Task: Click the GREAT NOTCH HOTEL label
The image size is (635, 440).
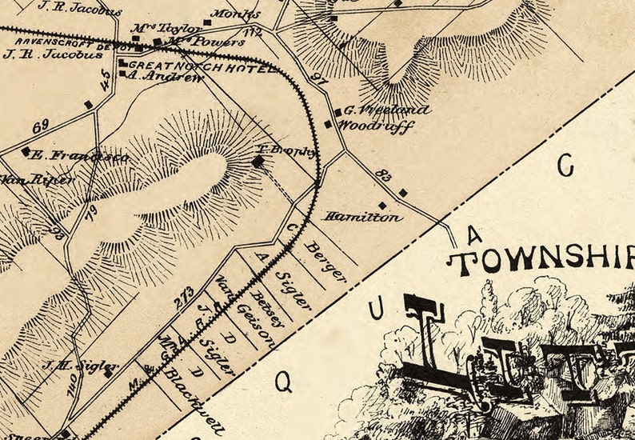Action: (x=201, y=68)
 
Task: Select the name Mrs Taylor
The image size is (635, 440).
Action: (x=156, y=28)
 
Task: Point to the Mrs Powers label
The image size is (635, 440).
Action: (x=195, y=42)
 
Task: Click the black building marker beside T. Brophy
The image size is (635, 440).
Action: (x=258, y=162)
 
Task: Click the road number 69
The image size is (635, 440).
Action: (x=42, y=127)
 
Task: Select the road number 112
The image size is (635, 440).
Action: (x=254, y=32)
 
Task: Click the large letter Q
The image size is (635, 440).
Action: (x=283, y=382)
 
